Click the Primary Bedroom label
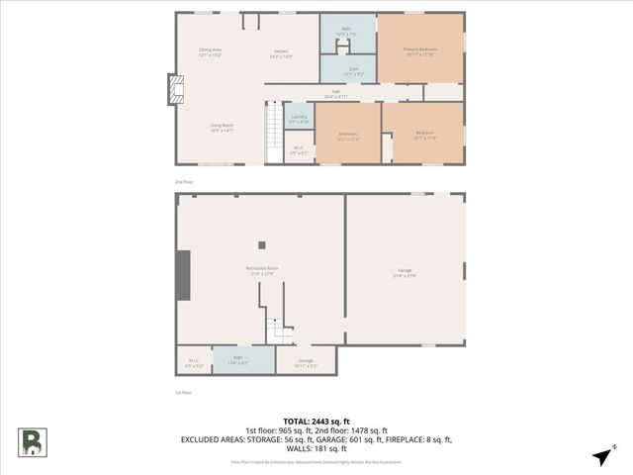419,49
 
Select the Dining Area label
210,50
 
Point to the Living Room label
222,127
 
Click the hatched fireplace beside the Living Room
177,92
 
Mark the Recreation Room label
262,270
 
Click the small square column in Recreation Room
262,245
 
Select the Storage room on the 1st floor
306,362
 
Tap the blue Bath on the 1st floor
238,360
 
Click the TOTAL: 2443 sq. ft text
316,422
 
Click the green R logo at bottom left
31,441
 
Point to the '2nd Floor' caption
184,183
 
